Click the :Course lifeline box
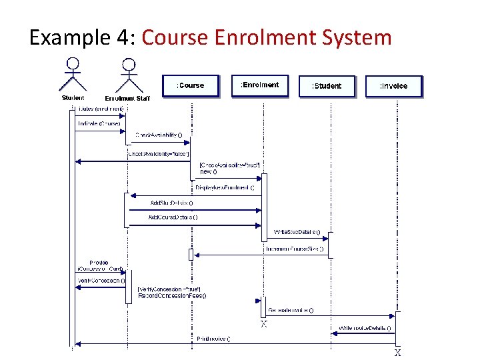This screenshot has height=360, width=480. click(x=191, y=85)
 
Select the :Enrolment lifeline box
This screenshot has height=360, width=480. click(x=259, y=85)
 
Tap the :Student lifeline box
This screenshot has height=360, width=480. click(x=327, y=86)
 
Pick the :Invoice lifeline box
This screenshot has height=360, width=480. click(x=393, y=86)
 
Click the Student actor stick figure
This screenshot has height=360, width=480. click(x=73, y=75)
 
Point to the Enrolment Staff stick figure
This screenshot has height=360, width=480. click(x=128, y=75)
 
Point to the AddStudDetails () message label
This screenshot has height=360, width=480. click(x=171, y=202)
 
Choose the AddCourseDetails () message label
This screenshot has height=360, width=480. click(x=173, y=217)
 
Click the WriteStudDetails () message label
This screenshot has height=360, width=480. click(x=297, y=233)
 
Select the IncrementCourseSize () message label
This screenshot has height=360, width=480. click(x=294, y=249)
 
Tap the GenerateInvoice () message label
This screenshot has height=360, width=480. click(x=291, y=311)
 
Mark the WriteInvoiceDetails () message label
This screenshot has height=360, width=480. click(x=365, y=328)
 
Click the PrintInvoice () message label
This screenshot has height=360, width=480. click(x=214, y=339)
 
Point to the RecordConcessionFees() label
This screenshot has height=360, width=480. click(x=172, y=295)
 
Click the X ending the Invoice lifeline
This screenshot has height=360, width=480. click(x=397, y=353)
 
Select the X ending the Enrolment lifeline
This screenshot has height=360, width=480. click(x=264, y=324)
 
